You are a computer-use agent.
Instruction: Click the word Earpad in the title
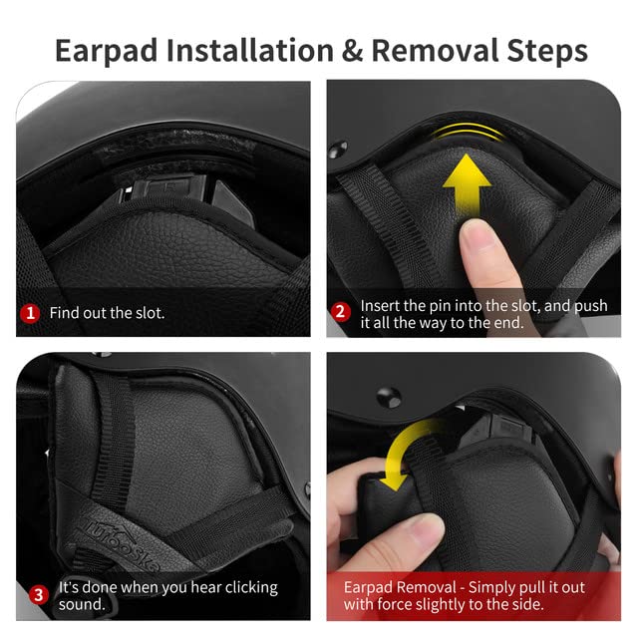pyautogui.click(x=107, y=51)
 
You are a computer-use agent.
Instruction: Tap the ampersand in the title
pyautogui.click(x=352, y=51)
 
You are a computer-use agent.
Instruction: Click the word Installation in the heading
pyautogui.click(x=250, y=51)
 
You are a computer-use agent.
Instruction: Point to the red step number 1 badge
pyautogui.click(x=30, y=313)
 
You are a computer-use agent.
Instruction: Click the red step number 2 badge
pyautogui.click(x=341, y=312)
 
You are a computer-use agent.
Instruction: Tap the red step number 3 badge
pyautogui.click(x=39, y=595)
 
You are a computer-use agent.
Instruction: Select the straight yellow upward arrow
pyautogui.click(x=467, y=185)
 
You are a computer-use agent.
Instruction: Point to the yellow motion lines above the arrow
pyautogui.click(x=468, y=131)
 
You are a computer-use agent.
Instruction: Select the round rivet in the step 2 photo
pyautogui.click(x=338, y=150)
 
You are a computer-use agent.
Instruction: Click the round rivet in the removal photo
pyautogui.click(x=389, y=397)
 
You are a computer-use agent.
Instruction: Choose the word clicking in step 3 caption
pyautogui.click(x=251, y=587)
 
